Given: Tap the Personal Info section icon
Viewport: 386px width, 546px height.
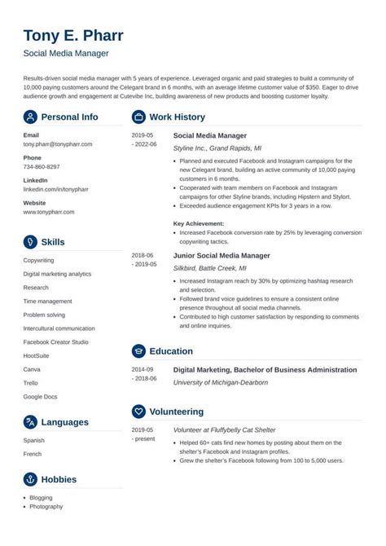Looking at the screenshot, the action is pos(30,117).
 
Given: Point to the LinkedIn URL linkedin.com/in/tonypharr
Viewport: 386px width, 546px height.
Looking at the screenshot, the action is pos(56,188).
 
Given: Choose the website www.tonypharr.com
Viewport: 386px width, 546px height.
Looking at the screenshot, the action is pos(49,211).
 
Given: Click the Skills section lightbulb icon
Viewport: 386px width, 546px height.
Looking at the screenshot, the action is pos(30,242).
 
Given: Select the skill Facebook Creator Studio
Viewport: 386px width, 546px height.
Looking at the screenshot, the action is pos(57,343).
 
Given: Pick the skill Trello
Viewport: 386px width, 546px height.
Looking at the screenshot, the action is pos(32,383).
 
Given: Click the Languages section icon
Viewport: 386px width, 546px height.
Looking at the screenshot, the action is pos(30,422).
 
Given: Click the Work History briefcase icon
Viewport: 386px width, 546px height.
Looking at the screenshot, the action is pos(138,117).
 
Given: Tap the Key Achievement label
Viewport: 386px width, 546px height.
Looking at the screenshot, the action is pos(202,222).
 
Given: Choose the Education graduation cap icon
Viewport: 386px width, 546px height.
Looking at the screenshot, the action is pos(138,351).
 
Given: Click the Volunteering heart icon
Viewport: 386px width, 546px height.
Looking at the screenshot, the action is pos(138,412).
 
